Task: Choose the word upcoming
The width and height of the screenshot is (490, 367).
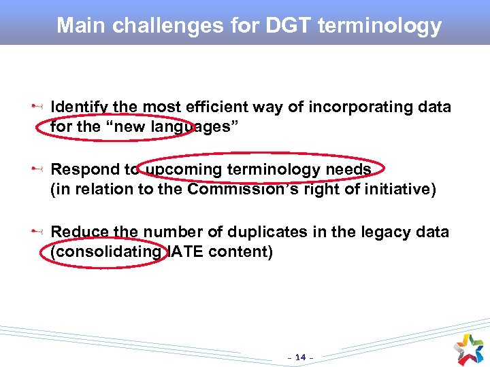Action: [180, 169]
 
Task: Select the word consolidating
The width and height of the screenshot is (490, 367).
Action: [106, 251]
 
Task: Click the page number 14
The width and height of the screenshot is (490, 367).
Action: [299, 357]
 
